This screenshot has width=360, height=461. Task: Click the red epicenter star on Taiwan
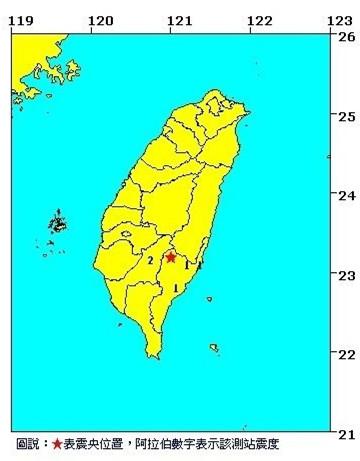pyautogui.click(x=171, y=257)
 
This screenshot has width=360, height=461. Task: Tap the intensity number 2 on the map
pyautogui.click(x=150, y=261)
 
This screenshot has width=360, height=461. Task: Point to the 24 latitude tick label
pyautogui.click(x=347, y=195)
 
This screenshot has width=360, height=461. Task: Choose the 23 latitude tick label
pyautogui.click(x=347, y=274)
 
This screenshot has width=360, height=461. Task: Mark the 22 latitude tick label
pyautogui.click(x=347, y=353)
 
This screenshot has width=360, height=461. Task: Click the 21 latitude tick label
pyautogui.click(x=347, y=432)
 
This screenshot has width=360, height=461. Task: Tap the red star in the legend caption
pyautogui.click(x=56, y=444)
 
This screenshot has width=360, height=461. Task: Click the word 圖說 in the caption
pyautogui.click(x=27, y=444)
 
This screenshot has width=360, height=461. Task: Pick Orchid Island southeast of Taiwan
pyautogui.click(x=215, y=347)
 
